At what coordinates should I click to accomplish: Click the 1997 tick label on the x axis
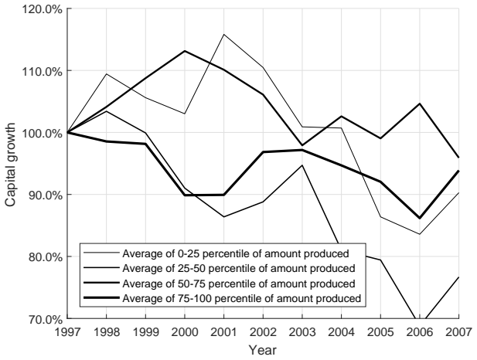pyautogui.click(x=67, y=332)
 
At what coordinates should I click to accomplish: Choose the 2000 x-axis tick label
pyautogui.click(x=185, y=332)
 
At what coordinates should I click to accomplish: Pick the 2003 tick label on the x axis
pyautogui.click(x=302, y=332)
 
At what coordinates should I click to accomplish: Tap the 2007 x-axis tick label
pyautogui.click(x=458, y=332)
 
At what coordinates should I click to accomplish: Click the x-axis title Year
pyautogui.click(x=263, y=350)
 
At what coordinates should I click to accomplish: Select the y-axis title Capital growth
pyautogui.click(x=10, y=165)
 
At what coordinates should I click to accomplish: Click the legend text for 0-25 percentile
pyautogui.click(x=236, y=253)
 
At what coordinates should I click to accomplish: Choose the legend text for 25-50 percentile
pyautogui.click(x=238, y=268)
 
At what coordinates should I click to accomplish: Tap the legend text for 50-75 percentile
pyautogui.click(x=238, y=284)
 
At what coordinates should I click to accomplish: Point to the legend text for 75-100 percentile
pyautogui.click(x=241, y=298)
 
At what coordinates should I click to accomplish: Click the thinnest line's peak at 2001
pyautogui.click(x=224, y=34)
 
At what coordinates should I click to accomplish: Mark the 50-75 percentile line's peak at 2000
pyautogui.click(x=185, y=51)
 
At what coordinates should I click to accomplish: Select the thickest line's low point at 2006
pyautogui.click(x=420, y=219)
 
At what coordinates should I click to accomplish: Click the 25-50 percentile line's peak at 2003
pyautogui.click(x=302, y=165)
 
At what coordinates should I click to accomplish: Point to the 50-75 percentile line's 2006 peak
pyautogui.click(x=420, y=104)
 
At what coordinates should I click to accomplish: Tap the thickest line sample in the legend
pyautogui.click(x=101, y=297)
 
